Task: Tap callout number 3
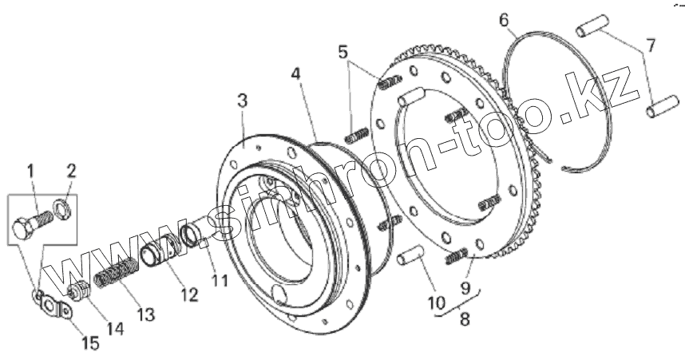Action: coord(242,101)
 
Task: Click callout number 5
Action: coord(343,53)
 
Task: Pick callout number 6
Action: coord(504,19)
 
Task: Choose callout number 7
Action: coord(651,45)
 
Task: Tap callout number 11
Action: coord(220,281)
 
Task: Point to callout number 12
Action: coord(189,295)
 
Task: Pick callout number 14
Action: coord(117,327)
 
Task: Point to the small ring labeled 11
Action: coord(192,235)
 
